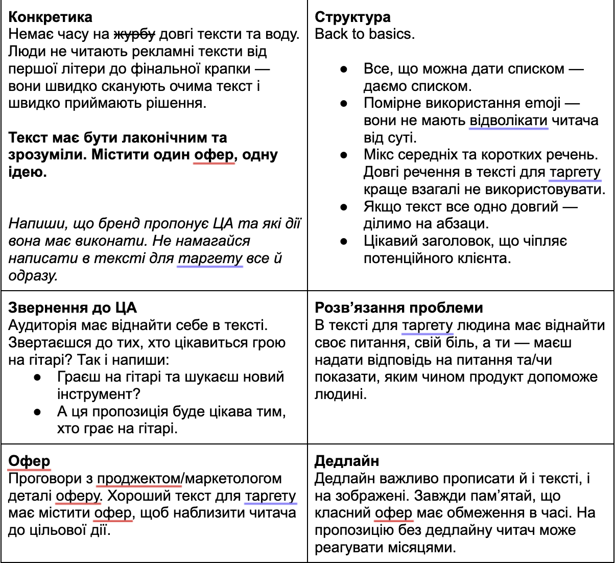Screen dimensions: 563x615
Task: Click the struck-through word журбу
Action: [134, 35]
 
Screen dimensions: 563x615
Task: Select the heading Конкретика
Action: [51, 17]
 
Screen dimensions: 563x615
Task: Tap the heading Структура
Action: [352, 17]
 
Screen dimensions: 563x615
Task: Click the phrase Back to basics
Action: [365, 34]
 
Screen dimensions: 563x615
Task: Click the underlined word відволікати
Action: [508, 121]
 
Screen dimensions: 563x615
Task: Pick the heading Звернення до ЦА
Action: [73, 308]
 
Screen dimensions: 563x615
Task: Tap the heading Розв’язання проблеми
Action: [399, 308]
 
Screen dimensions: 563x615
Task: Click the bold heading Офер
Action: [30, 461]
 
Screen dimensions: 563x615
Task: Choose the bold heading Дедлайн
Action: [347, 461]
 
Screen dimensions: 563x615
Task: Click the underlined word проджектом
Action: [138, 479]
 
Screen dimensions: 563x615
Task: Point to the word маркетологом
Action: [232, 479]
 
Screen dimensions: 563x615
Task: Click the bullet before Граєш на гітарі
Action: [37, 378]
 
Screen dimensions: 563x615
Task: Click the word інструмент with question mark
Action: [99, 394]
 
